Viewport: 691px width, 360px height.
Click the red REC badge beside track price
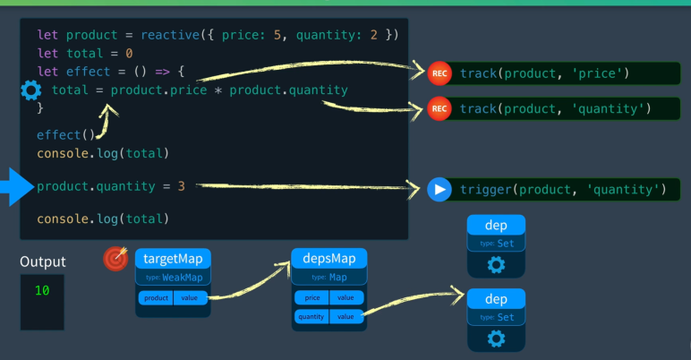pos(439,73)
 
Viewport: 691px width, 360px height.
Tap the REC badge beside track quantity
pos(439,108)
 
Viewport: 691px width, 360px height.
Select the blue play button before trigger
pos(439,189)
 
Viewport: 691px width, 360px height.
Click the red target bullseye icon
pos(115,259)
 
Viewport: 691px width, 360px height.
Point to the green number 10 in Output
pos(42,290)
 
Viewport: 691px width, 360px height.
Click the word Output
pos(43,261)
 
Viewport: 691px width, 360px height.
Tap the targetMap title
pos(173,259)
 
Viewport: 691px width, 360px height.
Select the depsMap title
pos(329,259)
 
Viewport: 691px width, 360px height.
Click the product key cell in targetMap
pos(156,298)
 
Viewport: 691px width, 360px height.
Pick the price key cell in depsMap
pos(312,298)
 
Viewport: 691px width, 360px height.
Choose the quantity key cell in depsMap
pos(311,316)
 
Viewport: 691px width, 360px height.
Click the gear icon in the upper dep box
pos(496,265)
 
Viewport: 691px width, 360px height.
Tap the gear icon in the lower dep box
pos(496,339)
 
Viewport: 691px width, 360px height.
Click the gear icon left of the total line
pos(31,90)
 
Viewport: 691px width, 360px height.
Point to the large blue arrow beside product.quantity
pos(17,187)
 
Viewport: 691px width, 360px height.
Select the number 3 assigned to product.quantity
pos(181,186)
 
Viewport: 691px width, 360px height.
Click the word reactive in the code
pos(170,35)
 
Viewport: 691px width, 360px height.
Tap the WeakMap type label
pos(183,278)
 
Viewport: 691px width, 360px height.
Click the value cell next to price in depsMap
pos(346,298)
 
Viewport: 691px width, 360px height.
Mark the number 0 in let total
pos(129,54)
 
